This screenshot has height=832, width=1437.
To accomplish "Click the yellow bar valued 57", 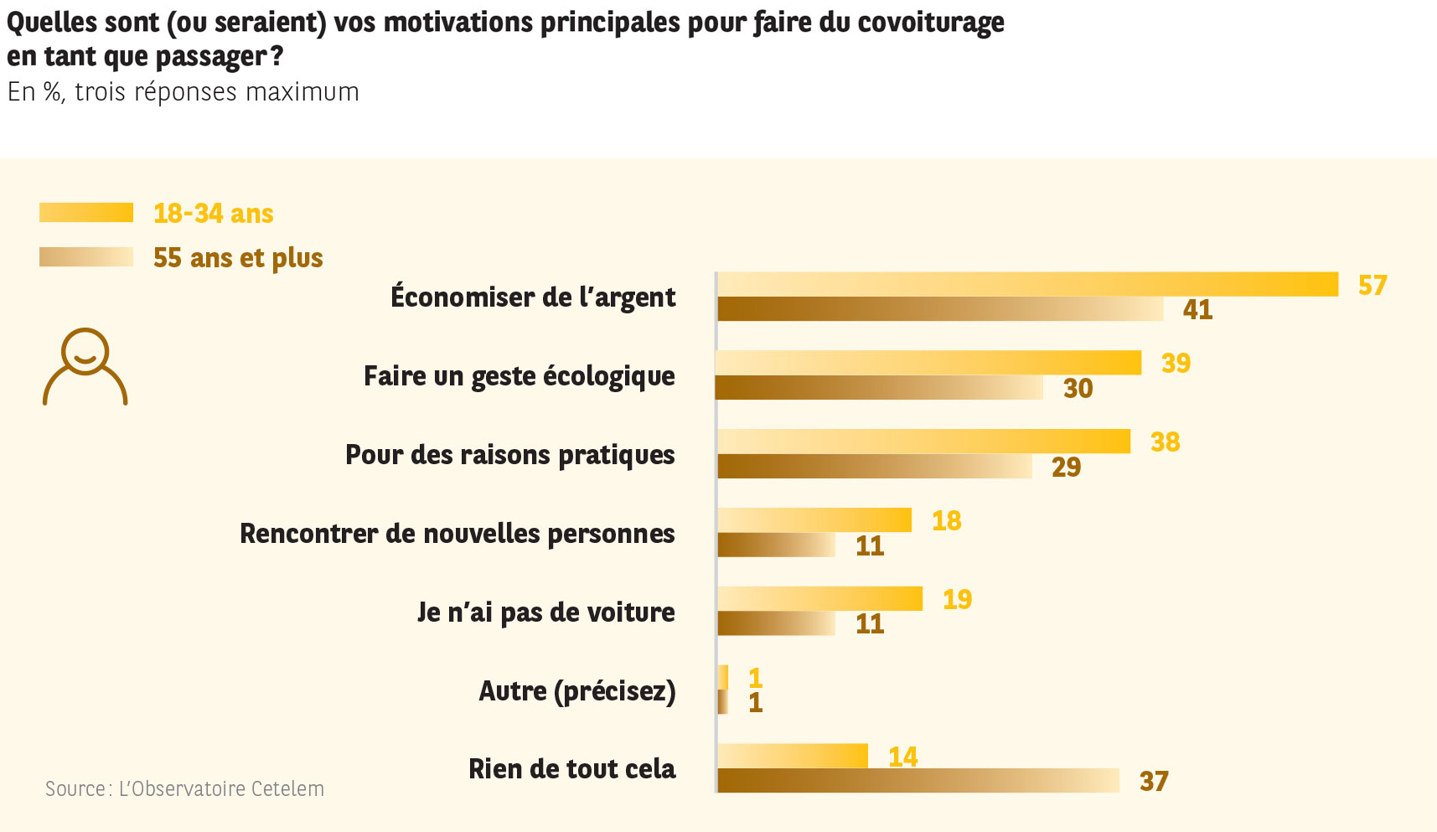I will (x=1027, y=284).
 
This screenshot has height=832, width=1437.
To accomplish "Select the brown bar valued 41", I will (x=940, y=309).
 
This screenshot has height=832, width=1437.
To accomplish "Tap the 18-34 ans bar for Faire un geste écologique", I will (x=928, y=363).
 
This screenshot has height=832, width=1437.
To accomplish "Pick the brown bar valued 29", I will (x=875, y=467).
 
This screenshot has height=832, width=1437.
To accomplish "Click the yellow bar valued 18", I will (x=814, y=520).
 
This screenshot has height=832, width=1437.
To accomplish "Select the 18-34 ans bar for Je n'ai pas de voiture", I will (x=819, y=599).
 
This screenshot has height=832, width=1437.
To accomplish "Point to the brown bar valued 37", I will (x=918, y=781).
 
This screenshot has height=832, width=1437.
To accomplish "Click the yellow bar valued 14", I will (x=793, y=756).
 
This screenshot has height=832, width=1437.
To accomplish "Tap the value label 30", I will (x=1078, y=389).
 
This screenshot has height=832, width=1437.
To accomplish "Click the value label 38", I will (x=1166, y=442).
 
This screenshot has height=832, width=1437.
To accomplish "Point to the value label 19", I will (x=958, y=599).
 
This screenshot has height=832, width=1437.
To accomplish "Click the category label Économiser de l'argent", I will (x=533, y=297).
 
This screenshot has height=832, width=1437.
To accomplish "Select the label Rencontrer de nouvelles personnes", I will (x=457, y=534).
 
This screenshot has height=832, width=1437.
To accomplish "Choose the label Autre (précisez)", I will (x=577, y=691).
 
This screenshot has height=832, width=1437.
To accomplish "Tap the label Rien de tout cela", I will (x=571, y=769).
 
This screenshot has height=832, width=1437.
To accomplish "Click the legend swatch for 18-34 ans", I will (x=86, y=213).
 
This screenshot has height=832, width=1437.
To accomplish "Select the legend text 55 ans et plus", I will (x=238, y=258).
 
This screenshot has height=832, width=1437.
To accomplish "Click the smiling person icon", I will (x=85, y=367).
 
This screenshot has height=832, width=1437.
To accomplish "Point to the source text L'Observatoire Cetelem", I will (x=221, y=789).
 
